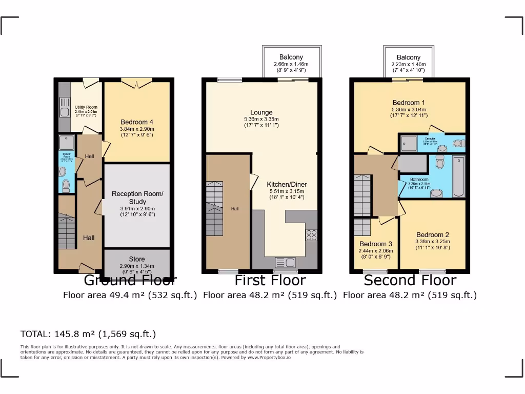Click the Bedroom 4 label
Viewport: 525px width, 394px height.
137,122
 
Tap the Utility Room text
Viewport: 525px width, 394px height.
86,107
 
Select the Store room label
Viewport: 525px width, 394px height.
137,259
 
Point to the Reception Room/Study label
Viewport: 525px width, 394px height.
137,198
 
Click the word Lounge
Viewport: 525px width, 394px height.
261,112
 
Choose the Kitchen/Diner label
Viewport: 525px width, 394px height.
287,184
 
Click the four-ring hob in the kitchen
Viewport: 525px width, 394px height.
311,235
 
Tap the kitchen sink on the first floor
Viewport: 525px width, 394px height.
286,262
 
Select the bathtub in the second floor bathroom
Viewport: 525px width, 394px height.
458,178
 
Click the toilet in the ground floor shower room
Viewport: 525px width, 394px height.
66,185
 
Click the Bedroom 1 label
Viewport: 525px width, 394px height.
409,103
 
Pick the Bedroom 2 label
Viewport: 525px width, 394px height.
433,235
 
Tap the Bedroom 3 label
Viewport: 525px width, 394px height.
376,244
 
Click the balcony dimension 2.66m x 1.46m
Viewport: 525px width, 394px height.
291,65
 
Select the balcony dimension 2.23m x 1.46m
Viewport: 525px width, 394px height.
409,65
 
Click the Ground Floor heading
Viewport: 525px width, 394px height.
130,281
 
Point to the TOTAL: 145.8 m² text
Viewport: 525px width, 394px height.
88,334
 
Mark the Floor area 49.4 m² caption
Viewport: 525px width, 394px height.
130,295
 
